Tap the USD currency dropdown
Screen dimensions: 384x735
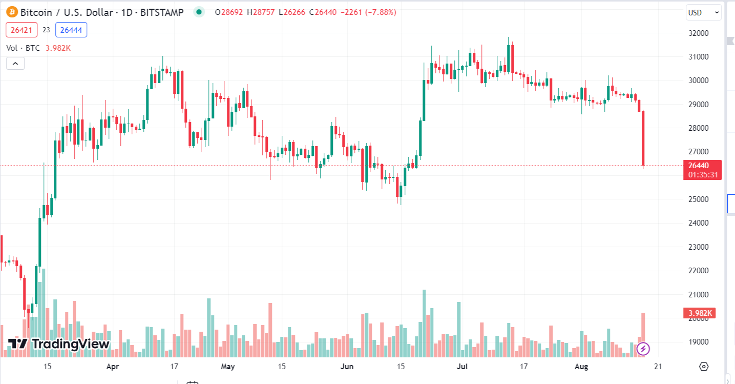click(703, 12)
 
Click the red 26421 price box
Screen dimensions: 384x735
click(22, 30)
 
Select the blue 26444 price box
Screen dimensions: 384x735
click(71, 30)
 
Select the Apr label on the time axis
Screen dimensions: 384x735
click(113, 367)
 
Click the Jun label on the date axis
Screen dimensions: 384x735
click(347, 367)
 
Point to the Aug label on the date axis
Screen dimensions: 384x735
click(580, 367)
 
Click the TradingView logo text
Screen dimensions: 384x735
click(59, 344)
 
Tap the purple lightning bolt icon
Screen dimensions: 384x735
click(643, 349)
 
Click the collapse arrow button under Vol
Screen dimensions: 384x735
click(15, 64)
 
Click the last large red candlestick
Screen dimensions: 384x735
click(643, 138)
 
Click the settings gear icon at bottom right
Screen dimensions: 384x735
click(703, 367)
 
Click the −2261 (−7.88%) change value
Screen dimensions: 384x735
click(368, 12)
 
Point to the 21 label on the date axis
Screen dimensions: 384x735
click(658, 367)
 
